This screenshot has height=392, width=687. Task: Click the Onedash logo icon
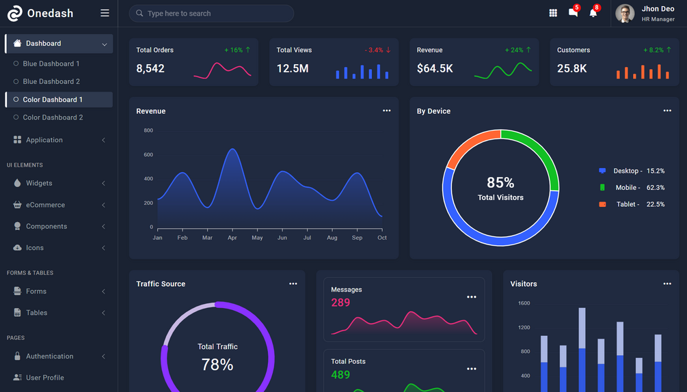click(x=14, y=13)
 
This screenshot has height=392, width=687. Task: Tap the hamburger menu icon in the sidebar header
click(x=105, y=13)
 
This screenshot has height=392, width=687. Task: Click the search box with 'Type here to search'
click(x=212, y=14)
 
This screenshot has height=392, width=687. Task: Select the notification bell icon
click(x=593, y=13)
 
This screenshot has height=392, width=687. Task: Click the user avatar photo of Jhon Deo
click(x=625, y=14)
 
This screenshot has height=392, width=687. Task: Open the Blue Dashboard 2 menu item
click(x=51, y=81)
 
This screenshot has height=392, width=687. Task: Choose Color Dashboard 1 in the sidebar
click(x=53, y=100)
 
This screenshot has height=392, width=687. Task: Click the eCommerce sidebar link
click(x=45, y=205)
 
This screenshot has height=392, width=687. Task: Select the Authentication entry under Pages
click(x=49, y=356)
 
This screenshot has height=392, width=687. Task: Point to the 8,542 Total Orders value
click(x=150, y=68)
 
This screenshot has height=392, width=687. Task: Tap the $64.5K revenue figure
click(x=435, y=68)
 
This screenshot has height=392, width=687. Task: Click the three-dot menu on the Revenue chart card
click(x=387, y=111)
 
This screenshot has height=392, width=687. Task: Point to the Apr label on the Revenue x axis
click(x=232, y=238)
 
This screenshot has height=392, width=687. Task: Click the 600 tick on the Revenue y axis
click(x=148, y=154)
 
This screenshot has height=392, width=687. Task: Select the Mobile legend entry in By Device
click(x=627, y=187)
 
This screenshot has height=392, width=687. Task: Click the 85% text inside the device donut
click(x=500, y=182)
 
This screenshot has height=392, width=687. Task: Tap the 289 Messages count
click(x=340, y=303)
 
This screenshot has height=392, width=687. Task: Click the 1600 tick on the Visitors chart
click(x=524, y=303)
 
